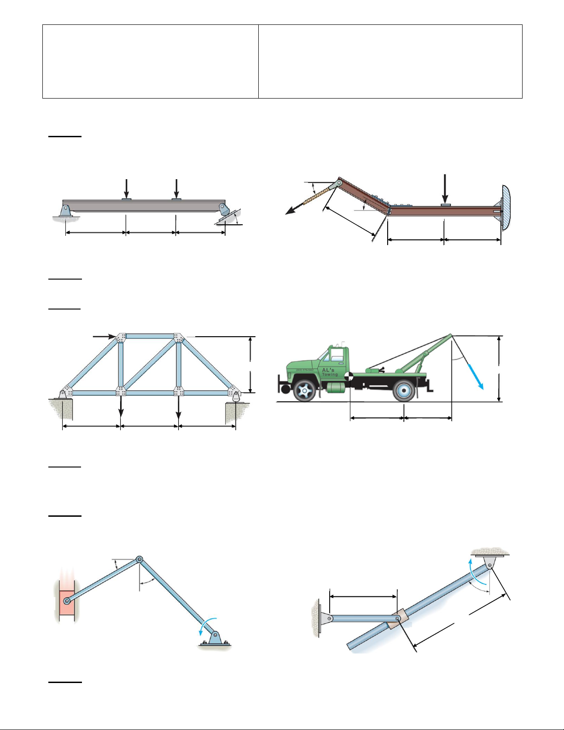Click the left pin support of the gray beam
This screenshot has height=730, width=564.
[x=65, y=210]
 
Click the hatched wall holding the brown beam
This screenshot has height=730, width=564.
[x=505, y=207]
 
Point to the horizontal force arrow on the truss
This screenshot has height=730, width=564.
[x=104, y=337]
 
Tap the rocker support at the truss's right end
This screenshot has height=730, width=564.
[x=236, y=396]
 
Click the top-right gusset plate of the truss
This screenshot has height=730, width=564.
[x=178, y=338]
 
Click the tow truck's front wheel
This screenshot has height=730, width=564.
[x=304, y=391]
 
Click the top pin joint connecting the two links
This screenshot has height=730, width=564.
[x=140, y=560]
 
